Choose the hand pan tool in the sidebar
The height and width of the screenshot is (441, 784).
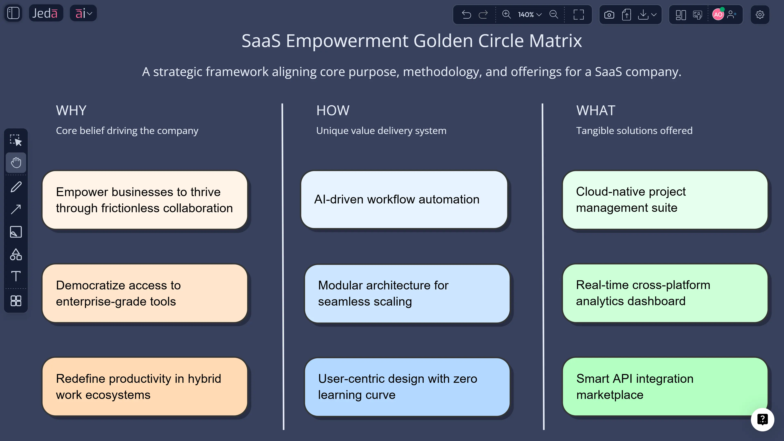pos(16,163)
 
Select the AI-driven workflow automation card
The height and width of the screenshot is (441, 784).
pos(404,200)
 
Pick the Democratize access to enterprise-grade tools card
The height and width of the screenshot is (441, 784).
pos(145,293)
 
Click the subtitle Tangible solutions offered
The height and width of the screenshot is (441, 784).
pos(634,131)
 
